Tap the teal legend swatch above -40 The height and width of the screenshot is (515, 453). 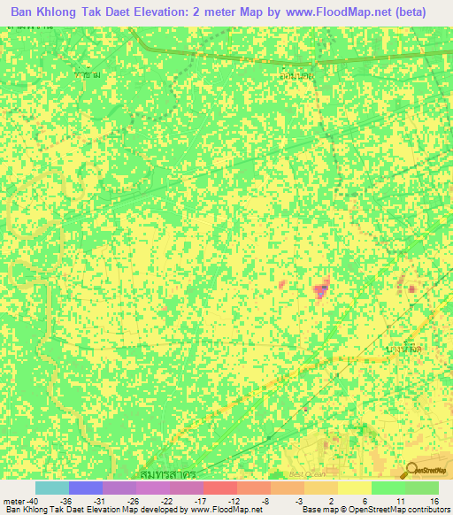pos(52,488)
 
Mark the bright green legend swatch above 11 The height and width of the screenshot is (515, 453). pos(388,488)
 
